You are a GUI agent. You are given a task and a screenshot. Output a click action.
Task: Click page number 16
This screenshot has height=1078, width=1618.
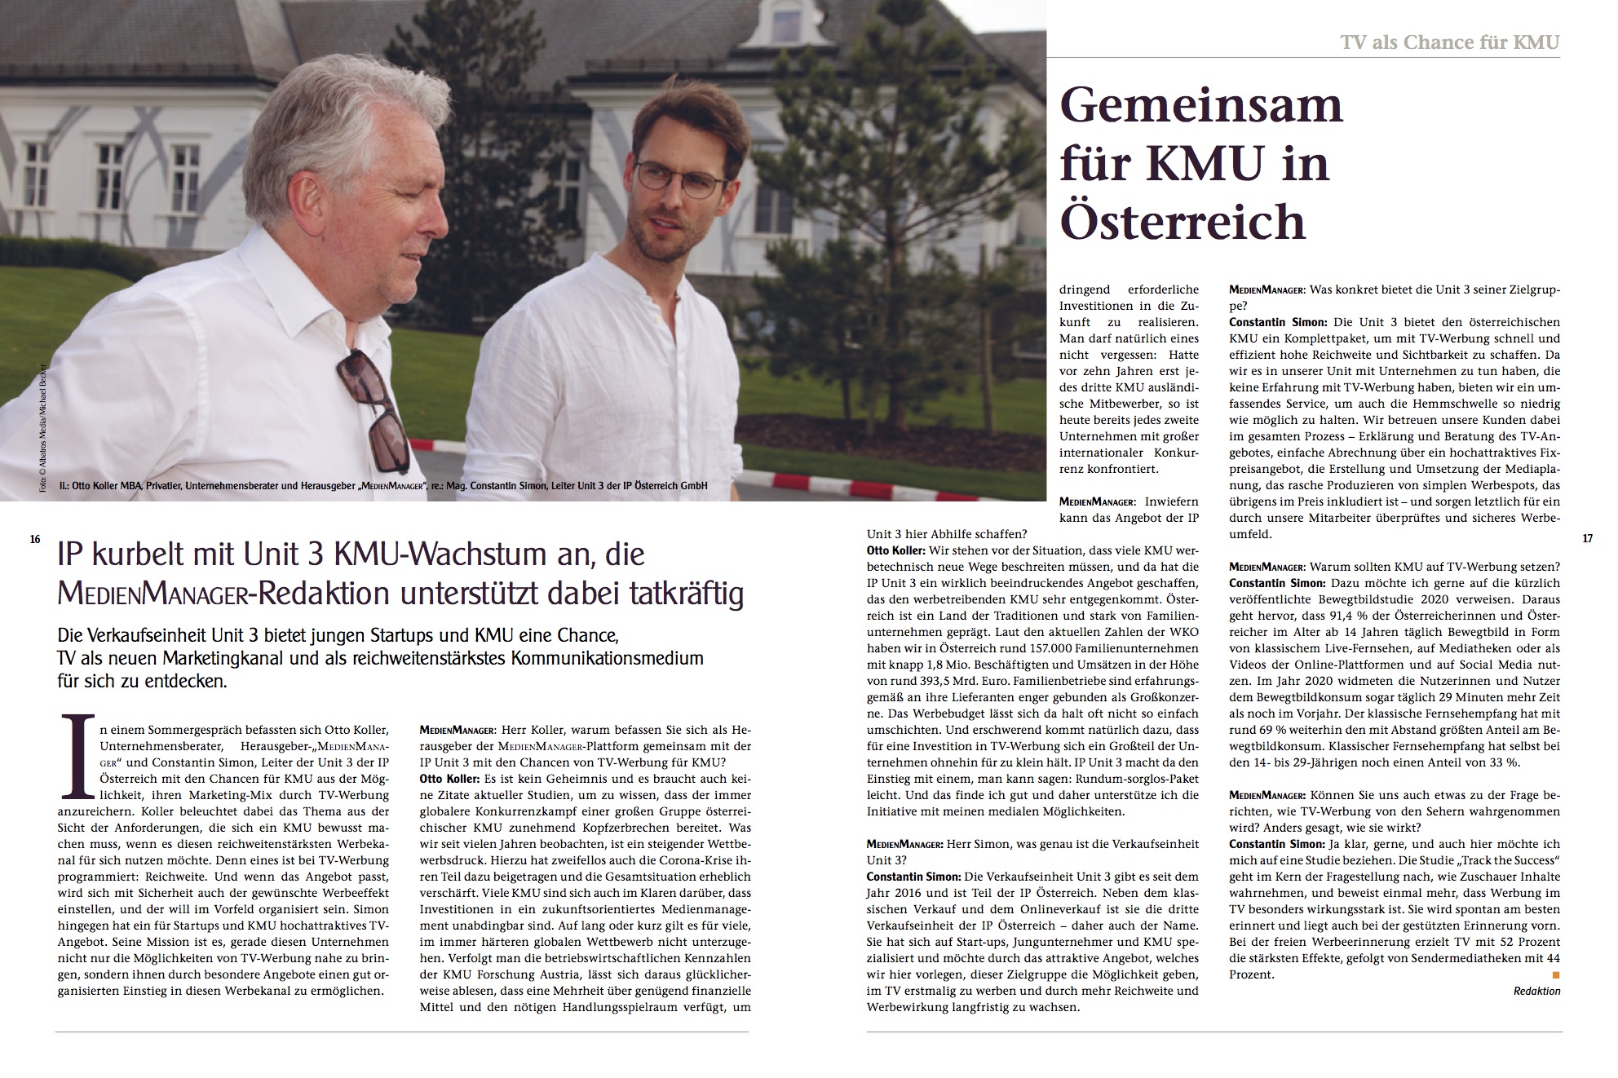click(35, 539)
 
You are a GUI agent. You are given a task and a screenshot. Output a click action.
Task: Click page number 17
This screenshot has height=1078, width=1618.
click(1587, 539)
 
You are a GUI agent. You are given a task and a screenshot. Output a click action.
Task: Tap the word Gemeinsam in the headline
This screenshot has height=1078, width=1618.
click(1200, 106)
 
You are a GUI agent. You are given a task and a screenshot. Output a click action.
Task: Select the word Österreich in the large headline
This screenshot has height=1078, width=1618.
click(1183, 221)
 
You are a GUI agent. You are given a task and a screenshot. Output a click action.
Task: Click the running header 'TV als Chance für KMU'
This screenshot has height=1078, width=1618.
click(1449, 42)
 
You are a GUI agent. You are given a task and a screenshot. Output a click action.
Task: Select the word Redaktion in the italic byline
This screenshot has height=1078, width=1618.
click(1536, 992)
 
